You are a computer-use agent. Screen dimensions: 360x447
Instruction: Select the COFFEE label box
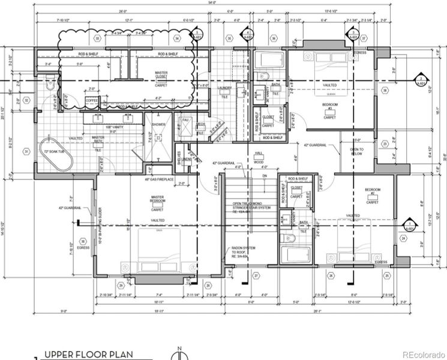coord(91,100)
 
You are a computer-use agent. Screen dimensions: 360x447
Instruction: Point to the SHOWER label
coord(158,125)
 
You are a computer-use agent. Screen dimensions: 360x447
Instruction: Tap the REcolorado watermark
coord(423,353)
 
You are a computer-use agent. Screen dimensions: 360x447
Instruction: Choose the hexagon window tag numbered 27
coord(256,276)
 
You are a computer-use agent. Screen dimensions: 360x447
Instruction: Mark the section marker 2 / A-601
coord(421,81)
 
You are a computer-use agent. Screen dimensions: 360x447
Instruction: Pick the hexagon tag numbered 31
coord(26,151)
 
